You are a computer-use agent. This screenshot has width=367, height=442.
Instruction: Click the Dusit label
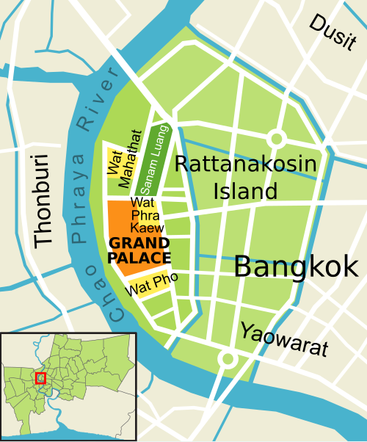(x=333, y=33)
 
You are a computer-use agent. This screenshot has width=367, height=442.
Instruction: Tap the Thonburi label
(x=43, y=200)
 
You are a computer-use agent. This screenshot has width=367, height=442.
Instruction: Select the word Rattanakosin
(x=246, y=164)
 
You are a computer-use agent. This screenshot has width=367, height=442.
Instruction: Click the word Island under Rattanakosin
(x=246, y=191)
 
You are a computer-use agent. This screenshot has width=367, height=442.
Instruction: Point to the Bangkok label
(x=296, y=267)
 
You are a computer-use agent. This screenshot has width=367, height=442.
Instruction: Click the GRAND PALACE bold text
(x=139, y=250)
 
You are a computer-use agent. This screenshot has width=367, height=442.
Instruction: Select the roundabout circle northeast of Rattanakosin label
(x=277, y=138)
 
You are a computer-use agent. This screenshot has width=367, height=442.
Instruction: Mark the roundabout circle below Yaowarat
(x=228, y=359)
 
